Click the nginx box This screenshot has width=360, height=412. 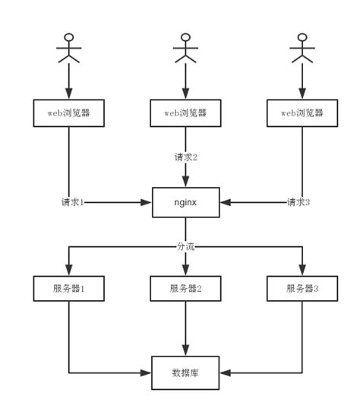point(185,202)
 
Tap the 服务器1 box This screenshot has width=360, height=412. point(69,289)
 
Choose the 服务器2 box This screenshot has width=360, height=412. point(185,289)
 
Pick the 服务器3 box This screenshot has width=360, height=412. point(302,289)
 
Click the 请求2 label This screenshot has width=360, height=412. point(185,157)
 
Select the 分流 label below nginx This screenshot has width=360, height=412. point(185,246)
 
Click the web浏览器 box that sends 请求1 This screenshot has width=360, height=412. point(69,113)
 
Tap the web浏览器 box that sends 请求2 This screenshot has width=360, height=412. point(185,113)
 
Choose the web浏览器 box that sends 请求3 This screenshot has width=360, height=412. point(302,113)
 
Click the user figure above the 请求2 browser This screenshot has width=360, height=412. point(185,49)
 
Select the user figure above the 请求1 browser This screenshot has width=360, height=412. point(69,49)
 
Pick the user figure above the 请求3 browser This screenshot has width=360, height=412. point(302,49)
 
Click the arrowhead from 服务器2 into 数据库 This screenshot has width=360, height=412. point(185,350)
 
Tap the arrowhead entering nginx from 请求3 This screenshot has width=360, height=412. point(225,203)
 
